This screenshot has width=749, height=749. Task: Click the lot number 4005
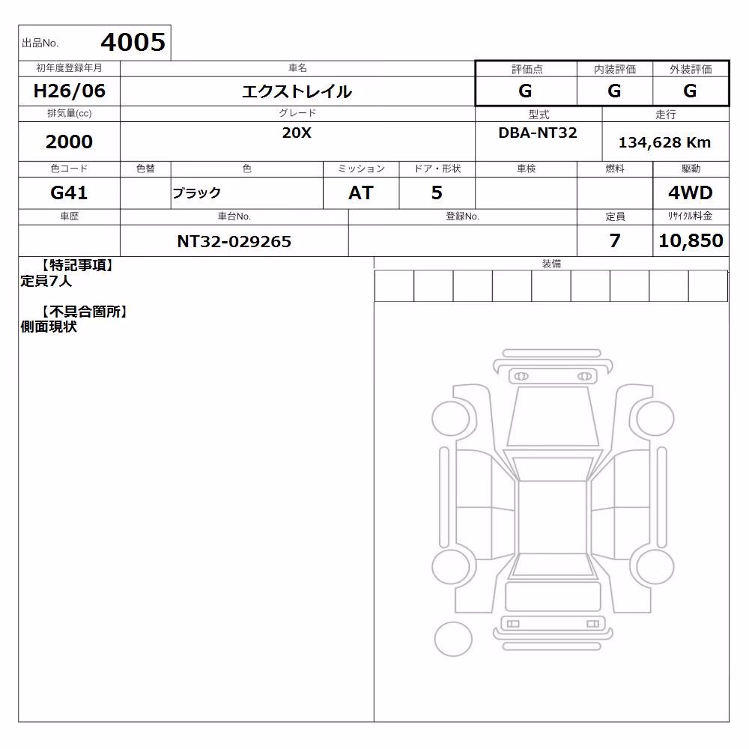133,42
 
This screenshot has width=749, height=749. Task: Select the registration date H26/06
69,91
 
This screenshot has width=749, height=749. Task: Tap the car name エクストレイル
297,91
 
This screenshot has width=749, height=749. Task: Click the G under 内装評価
614,91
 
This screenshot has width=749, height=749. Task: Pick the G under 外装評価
690,91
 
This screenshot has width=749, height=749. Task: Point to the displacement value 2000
69,142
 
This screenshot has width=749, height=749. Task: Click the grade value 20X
297,133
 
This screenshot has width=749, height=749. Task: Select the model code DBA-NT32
538,133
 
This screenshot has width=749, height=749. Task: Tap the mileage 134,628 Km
664,142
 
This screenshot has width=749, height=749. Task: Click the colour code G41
69,192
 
